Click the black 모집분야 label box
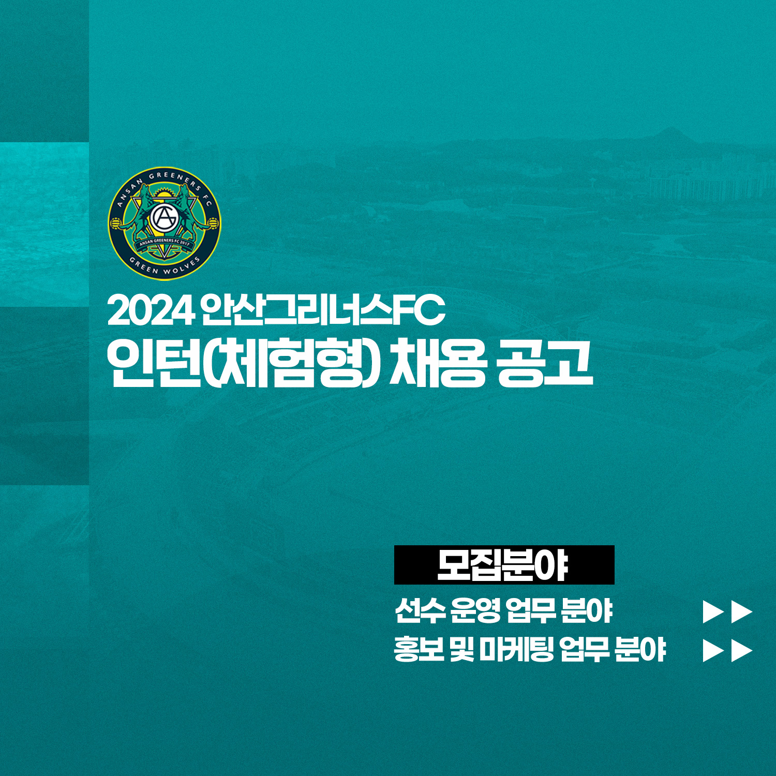pyautogui.click(x=504, y=565)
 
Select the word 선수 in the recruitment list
pyautogui.click(x=420, y=611)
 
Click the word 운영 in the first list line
pyautogui.click(x=475, y=611)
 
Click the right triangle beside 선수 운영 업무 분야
pyautogui.click(x=742, y=612)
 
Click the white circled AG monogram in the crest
pyautogui.click(x=165, y=219)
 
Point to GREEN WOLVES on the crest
pyautogui.click(x=165, y=266)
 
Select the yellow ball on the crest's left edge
pyautogui.click(x=116, y=224)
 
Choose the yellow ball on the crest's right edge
pyautogui.click(x=213, y=224)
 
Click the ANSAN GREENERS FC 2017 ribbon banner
pyautogui.click(x=165, y=242)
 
